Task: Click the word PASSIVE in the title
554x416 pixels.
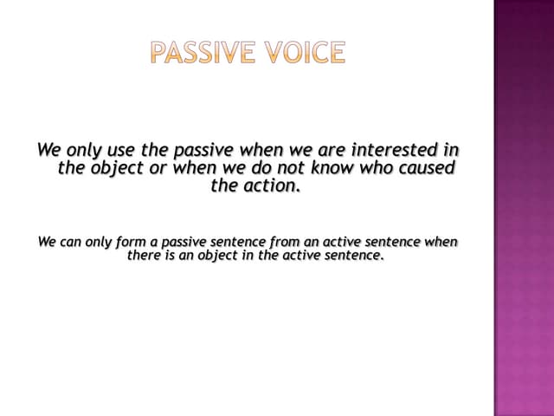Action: coord(200,53)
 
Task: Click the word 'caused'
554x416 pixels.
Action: coord(423,168)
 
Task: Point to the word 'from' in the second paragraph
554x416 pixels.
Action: coord(287,241)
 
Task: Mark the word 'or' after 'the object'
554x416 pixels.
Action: coord(158,168)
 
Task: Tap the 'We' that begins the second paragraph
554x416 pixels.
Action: coord(48,241)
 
